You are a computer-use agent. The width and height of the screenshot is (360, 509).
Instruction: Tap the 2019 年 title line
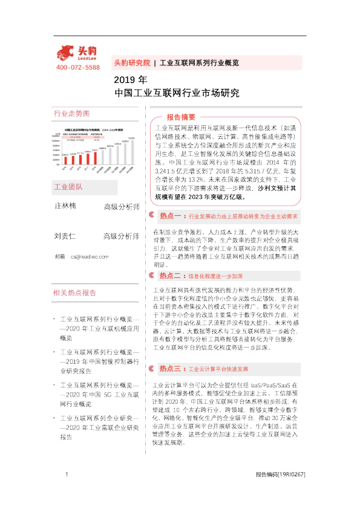pos(130,80)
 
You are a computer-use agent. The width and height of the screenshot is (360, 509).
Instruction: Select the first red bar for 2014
pos(65,158)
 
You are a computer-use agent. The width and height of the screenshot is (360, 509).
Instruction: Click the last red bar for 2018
pos(96,156)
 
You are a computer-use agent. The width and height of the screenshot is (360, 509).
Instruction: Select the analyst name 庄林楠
pos(65,206)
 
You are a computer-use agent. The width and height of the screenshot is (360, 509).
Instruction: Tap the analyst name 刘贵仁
pos(65,236)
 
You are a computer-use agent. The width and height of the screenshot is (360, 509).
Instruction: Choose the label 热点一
pos(170,215)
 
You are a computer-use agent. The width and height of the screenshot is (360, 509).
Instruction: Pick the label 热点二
pos(170,276)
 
